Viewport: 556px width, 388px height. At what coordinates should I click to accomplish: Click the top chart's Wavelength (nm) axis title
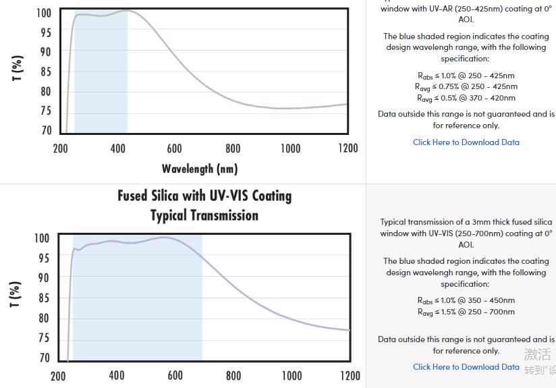click(x=200, y=169)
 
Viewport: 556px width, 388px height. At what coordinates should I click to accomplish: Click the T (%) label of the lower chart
click(x=16, y=295)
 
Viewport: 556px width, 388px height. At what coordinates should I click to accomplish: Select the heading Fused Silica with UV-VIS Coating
click(x=204, y=196)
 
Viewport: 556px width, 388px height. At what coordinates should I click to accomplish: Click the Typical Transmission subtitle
click(x=204, y=215)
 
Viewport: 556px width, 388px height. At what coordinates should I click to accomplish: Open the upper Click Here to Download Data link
click(x=466, y=142)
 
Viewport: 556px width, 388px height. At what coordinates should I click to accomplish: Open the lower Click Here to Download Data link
click(x=466, y=367)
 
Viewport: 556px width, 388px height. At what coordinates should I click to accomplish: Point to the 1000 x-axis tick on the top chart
click(x=290, y=148)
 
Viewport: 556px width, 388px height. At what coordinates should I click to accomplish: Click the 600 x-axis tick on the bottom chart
click(x=175, y=376)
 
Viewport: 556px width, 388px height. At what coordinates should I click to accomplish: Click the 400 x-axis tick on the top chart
click(x=117, y=148)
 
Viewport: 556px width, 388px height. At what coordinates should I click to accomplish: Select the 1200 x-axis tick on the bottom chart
click(x=350, y=376)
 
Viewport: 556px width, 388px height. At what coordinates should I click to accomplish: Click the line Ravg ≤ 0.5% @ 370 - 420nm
click(x=466, y=98)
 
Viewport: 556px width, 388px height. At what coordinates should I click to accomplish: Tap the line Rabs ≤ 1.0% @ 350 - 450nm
click(x=466, y=300)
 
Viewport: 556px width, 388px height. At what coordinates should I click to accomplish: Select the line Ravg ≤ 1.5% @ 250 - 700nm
click(x=466, y=312)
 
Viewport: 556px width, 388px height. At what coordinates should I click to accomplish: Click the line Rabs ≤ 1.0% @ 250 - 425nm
click(x=466, y=76)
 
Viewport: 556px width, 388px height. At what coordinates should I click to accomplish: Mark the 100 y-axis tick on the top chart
click(x=43, y=13)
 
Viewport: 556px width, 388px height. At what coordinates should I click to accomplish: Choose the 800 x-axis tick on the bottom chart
click(x=233, y=376)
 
